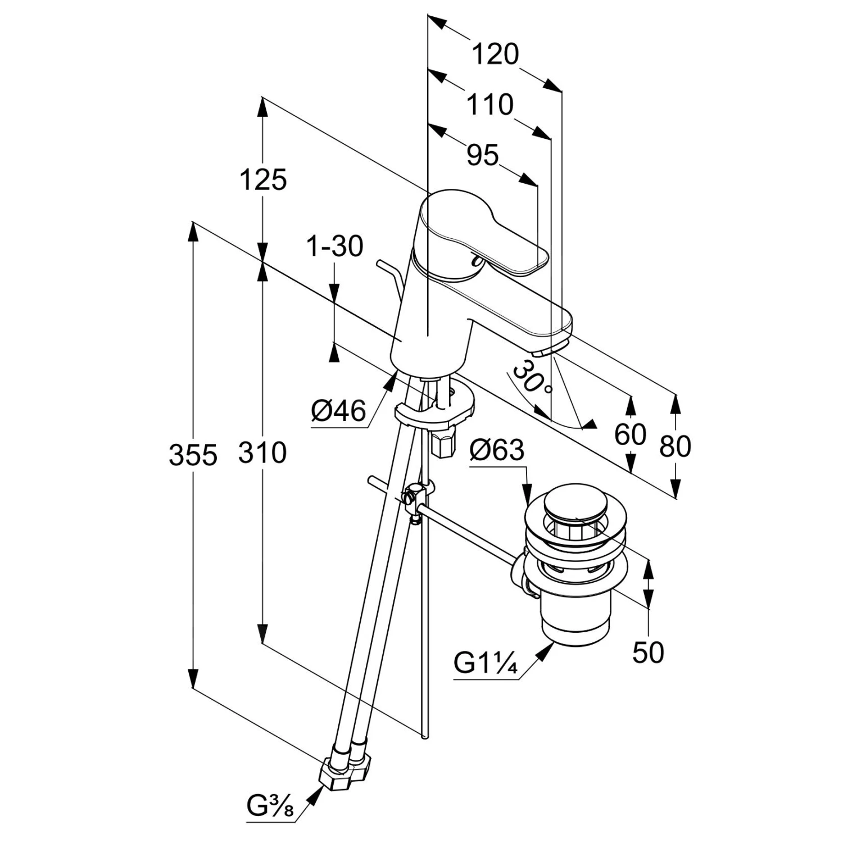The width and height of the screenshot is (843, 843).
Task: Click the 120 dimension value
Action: [495, 55]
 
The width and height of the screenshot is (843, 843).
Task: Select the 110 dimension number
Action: [490, 105]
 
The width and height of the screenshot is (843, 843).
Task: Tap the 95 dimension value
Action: [483, 155]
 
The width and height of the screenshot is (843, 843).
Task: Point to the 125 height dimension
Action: [263, 180]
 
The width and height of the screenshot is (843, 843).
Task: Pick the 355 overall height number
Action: [193, 455]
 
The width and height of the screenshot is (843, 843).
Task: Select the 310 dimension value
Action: [262, 452]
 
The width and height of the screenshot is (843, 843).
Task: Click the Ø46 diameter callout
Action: [338, 411]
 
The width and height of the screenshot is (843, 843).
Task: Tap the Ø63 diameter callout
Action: [497, 450]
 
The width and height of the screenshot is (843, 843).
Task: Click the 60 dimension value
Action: [631, 434]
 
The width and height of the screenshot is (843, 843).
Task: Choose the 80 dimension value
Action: [675, 446]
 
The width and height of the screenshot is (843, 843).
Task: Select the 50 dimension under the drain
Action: [648, 652]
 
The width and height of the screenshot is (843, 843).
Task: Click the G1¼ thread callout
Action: [485, 664]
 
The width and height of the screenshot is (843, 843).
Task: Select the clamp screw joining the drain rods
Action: [412, 498]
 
